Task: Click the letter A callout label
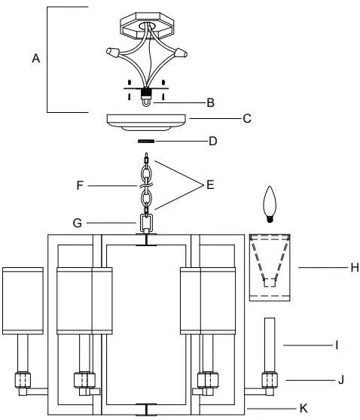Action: [x=35, y=57]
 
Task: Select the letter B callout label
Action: [x=211, y=102]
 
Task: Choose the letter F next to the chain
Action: [x=79, y=183]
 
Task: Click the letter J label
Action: [x=340, y=380]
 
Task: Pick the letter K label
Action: [x=303, y=408]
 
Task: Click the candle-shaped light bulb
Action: [x=267, y=202]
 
